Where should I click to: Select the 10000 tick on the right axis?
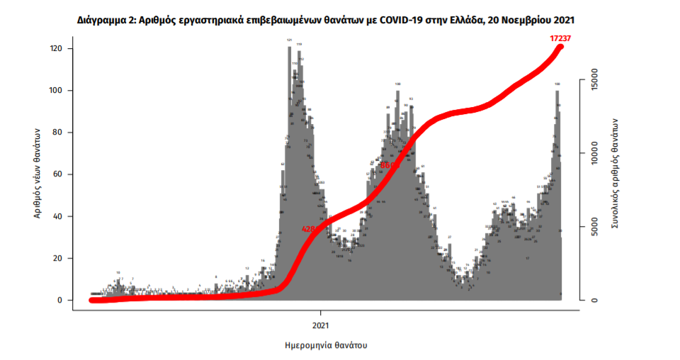(596, 153)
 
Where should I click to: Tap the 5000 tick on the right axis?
(596, 227)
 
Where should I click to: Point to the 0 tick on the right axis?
(596, 300)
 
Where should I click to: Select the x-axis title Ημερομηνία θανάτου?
(320, 346)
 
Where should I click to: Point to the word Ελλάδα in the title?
(465, 21)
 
